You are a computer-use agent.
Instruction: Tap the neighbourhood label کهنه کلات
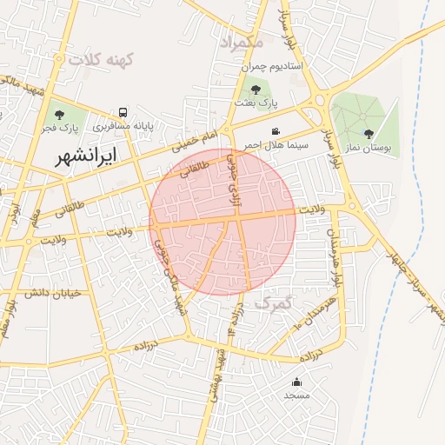pyautogui.click(x=103, y=60)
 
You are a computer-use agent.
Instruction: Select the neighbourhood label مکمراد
pyautogui.click(x=241, y=42)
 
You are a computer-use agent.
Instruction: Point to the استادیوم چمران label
pyautogui.click(x=249, y=66)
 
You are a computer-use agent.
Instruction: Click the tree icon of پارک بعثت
pyautogui.click(x=255, y=88)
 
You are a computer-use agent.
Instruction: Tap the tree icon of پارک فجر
pyautogui.click(x=59, y=114)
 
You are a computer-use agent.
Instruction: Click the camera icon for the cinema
pyautogui.click(x=276, y=130)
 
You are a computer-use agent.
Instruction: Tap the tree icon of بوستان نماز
pyautogui.click(x=369, y=134)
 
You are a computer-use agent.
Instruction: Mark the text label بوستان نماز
pyautogui.click(x=369, y=149)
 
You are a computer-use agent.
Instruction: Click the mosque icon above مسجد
pyautogui.click(x=296, y=381)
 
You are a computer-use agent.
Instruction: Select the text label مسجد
pyautogui.click(x=296, y=395)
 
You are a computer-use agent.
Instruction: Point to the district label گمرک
pyautogui.click(x=277, y=304)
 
